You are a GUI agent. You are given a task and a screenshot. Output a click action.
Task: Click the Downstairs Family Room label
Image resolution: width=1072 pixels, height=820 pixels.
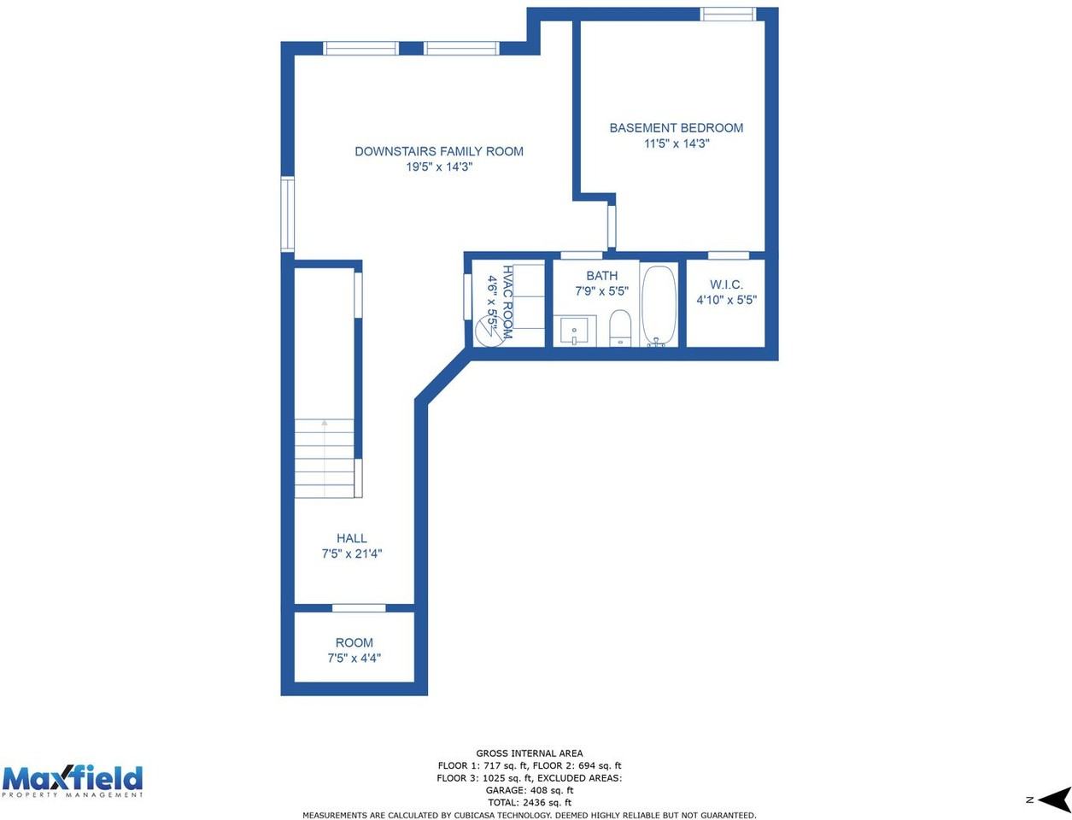(x=438, y=151)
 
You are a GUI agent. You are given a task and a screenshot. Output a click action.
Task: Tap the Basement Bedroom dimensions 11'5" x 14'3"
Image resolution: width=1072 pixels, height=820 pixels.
(x=676, y=143)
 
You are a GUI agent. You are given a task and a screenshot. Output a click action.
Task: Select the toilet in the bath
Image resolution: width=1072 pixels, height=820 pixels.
(x=620, y=328)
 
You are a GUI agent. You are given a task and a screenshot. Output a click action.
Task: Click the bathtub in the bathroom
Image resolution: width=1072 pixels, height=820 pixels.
(x=659, y=306)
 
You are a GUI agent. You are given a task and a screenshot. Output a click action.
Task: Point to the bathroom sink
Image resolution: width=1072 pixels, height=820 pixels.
(x=575, y=331)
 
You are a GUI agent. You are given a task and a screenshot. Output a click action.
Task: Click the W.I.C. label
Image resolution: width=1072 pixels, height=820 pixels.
(x=726, y=284)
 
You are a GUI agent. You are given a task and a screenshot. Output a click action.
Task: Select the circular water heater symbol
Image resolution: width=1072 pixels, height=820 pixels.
(x=489, y=331)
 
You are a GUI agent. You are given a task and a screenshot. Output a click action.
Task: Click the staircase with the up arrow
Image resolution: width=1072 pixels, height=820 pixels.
(x=324, y=458)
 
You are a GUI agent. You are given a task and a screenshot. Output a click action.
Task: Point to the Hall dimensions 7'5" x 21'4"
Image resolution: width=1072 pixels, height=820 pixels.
(x=351, y=553)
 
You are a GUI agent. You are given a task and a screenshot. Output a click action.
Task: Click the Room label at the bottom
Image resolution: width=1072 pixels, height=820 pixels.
(x=354, y=642)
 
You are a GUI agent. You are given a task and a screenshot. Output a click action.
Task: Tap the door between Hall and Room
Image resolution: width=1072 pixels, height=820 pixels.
(x=359, y=608)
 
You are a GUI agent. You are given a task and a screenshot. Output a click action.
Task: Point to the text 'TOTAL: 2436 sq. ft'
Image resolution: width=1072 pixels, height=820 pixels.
(x=530, y=802)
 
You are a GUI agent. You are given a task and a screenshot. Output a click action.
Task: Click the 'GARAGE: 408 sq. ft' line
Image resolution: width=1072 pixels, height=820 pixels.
(x=530, y=790)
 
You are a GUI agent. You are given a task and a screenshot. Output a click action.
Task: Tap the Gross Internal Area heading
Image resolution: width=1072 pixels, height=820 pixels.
(x=530, y=753)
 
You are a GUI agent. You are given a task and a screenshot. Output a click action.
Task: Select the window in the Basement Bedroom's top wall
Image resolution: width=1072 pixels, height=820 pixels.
(x=728, y=15)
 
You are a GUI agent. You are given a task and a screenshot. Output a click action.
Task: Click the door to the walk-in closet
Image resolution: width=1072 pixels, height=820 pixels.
(x=728, y=255)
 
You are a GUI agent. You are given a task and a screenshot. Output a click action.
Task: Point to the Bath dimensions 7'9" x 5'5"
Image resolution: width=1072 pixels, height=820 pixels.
(x=601, y=291)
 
